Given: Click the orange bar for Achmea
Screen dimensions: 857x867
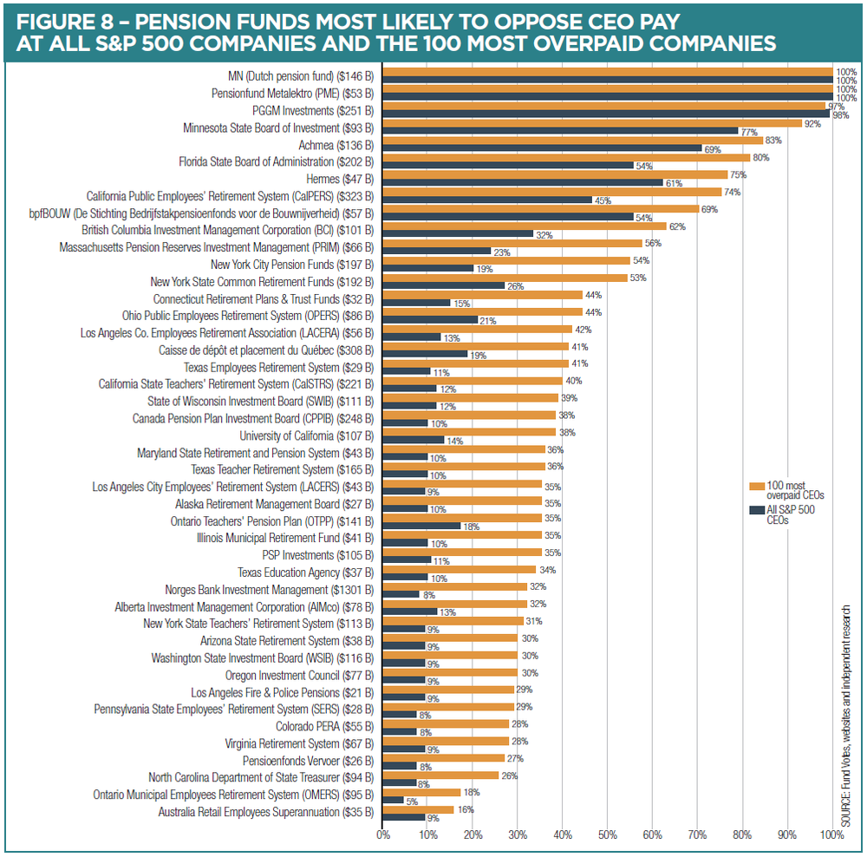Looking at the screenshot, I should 572,141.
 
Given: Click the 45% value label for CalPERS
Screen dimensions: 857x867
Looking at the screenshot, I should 603,200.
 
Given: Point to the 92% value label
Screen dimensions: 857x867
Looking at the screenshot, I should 812,123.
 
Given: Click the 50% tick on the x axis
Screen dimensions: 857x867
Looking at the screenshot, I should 608,834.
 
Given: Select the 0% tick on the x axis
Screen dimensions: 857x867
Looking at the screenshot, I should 383,834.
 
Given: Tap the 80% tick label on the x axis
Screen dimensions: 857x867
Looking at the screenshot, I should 742,834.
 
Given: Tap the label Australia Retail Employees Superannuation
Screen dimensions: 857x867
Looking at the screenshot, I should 265,812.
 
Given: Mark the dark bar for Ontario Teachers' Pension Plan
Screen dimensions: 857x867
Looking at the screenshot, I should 421,526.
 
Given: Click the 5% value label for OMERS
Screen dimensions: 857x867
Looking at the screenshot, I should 413,802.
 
